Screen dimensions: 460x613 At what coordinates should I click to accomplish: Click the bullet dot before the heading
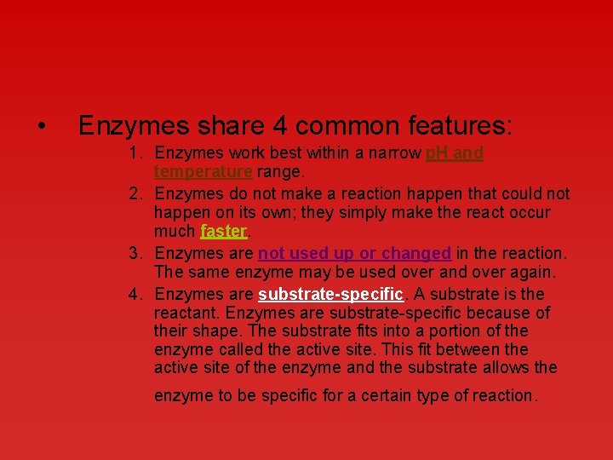(x=42, y=127)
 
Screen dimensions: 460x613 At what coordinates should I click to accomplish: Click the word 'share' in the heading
(x=225, y=127)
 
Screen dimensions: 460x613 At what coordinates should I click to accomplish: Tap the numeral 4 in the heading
(x=280, y=127)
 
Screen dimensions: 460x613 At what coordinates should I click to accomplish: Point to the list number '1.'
(x=136, y=154)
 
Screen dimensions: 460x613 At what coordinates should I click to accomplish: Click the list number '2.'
(x=136, y=194)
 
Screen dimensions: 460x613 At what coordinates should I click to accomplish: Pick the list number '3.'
(x=136, y=254)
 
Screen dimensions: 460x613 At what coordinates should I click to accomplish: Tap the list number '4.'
(x=136, y=295)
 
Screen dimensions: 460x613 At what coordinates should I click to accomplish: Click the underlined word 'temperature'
(x=203, y=172)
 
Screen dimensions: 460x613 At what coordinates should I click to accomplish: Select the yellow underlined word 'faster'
(x=223, y=232)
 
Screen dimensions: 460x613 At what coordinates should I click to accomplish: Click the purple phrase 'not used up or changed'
(x=354, y=254)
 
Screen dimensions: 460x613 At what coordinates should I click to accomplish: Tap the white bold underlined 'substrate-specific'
(x=331, y=295)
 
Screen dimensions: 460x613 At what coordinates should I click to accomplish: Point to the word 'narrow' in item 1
(x=396, y=154)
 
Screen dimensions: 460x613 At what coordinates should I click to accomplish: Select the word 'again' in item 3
(x=530, y=273)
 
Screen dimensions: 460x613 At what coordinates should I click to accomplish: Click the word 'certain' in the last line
(x=392, y=396)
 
